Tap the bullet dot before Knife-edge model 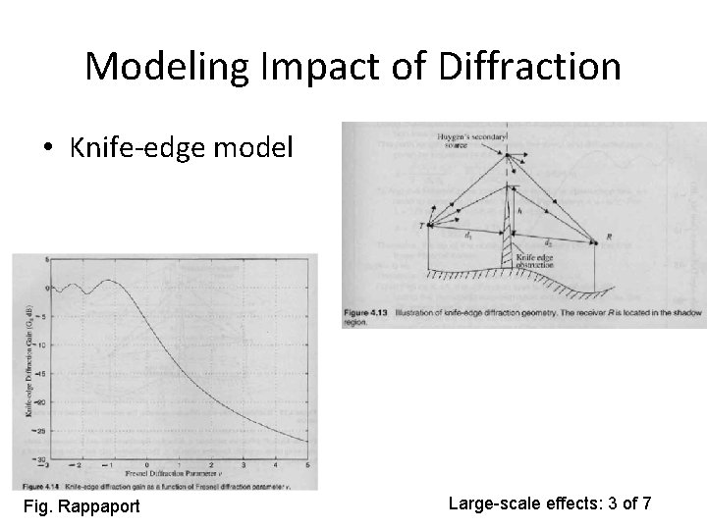click(x=49, y=149)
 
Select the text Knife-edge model click(x=182, y=148)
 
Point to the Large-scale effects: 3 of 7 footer click(x=549, y=503)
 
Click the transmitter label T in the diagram click(x=420, y=226)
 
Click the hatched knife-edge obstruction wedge click(x=507, y=245)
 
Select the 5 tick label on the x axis click(x=307, y=465)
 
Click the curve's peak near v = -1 click(x=110, y=281)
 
